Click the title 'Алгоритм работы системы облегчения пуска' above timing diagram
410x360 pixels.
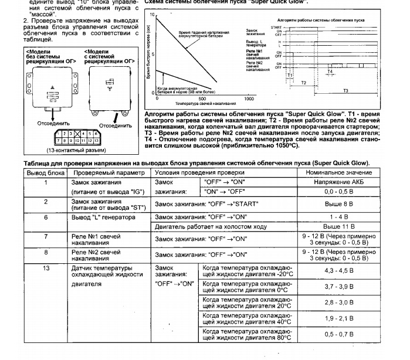point(329,19)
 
